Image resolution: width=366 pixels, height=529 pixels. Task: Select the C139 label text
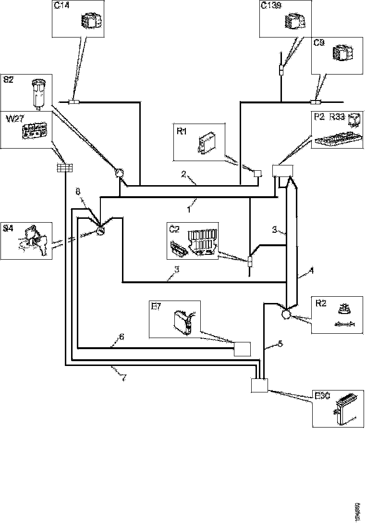click(x=270, y=6)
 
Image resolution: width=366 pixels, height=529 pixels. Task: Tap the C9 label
click(x=319, y=43)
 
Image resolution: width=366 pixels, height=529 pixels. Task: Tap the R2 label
click(x=321, y=303)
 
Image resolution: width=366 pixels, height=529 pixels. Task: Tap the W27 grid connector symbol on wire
click(x=64, y=167)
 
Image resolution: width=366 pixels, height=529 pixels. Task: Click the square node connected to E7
click(x=242, y=348)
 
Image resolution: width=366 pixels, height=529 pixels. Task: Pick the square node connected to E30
click(x=260, y=386)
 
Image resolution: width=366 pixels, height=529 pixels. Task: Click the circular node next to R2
click(x=286, y=314)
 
